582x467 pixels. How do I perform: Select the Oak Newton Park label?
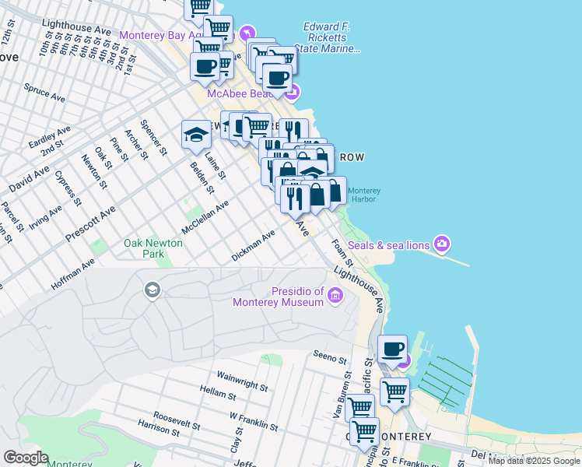153,248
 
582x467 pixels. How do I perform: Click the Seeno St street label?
330,359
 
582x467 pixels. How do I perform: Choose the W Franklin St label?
254,421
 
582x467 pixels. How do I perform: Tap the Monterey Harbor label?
363,195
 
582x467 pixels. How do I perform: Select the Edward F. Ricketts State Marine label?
331,37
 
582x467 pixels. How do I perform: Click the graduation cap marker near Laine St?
196,135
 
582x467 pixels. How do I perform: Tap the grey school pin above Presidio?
153,291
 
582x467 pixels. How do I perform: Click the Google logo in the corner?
26,458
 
